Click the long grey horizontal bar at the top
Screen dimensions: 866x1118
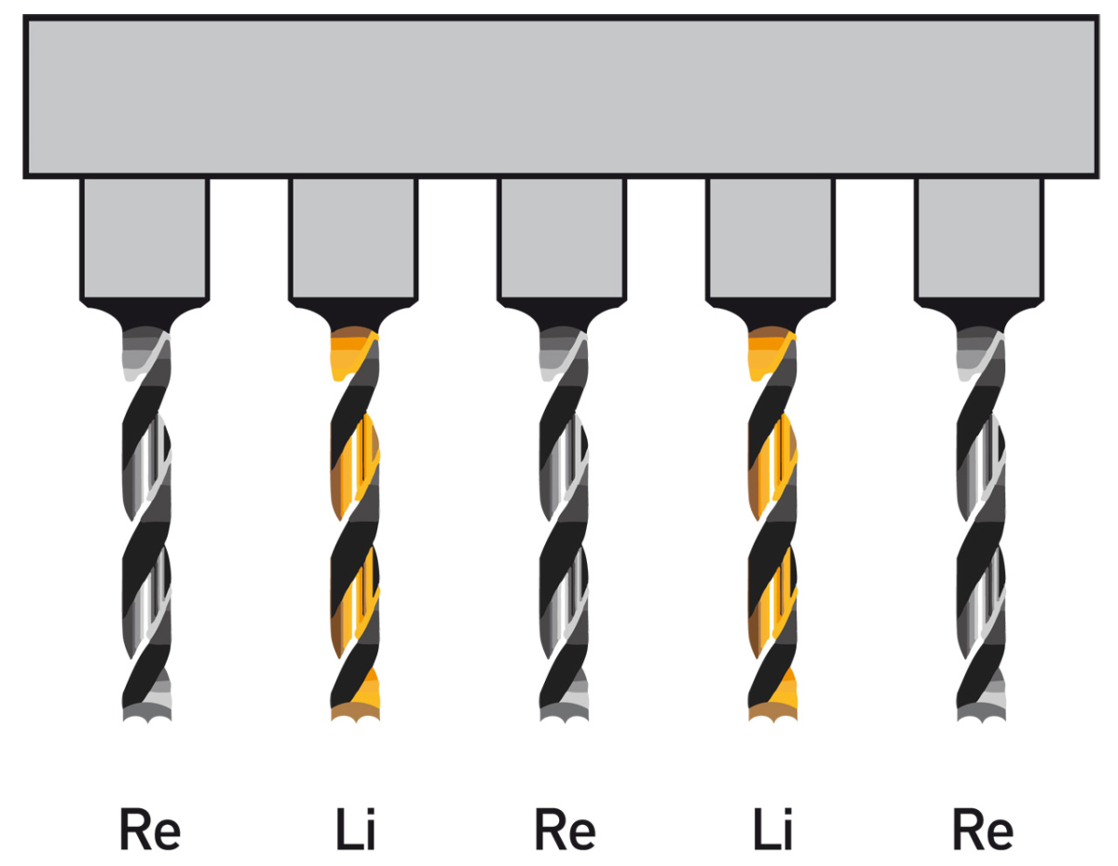(x=559, y=97)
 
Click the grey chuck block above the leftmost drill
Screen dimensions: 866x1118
(x=144, y=238)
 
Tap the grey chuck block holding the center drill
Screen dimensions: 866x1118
(x=562, y=238)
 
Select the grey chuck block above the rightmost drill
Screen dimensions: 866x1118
(x=979, y=238)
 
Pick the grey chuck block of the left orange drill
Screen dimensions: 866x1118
(x=353, y=238)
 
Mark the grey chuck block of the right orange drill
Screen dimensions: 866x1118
(x=770, y=238)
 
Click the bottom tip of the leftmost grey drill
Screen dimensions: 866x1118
(x=147, y=713)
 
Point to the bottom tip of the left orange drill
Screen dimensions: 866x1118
(x=356, y=713)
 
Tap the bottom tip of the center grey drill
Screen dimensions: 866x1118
(x=565, y=713)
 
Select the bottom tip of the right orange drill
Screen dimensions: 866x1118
(x=773, y=713)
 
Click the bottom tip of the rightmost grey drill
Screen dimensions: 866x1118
(x=982, y=713)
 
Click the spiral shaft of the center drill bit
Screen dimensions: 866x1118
(x=565, y=522)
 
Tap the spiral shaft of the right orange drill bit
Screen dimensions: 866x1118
(x=773, y=522)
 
